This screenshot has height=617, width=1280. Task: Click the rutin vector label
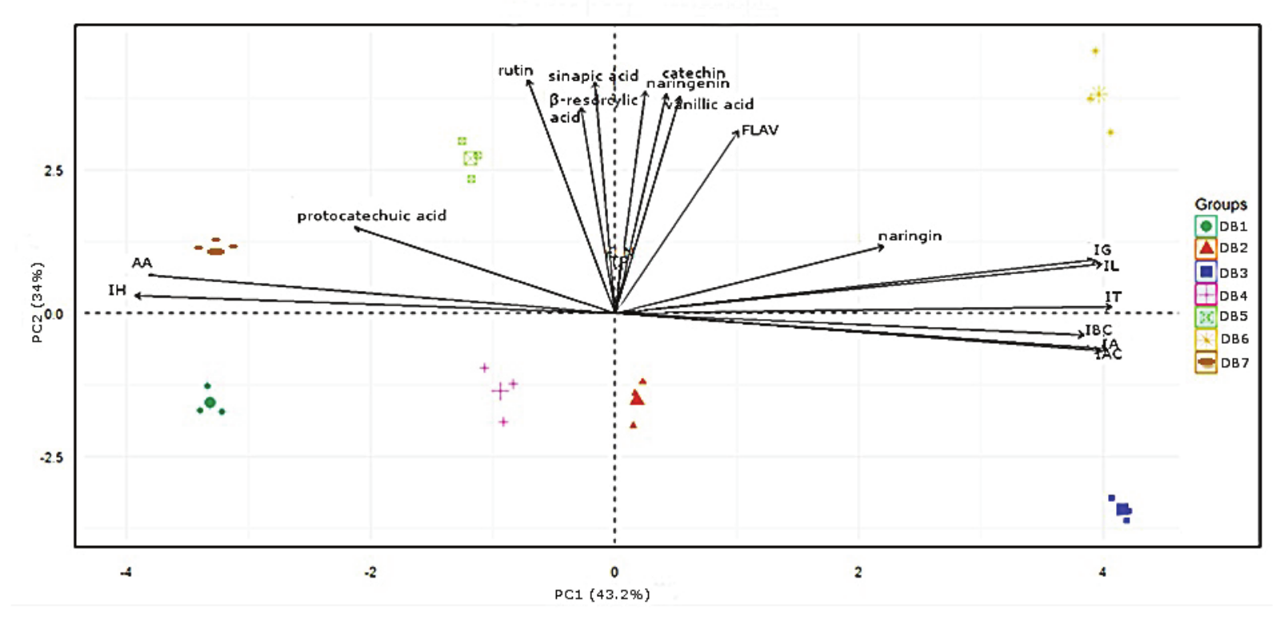pyautogui.click(x=515, y=71)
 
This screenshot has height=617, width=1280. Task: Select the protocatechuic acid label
pyautogui.click(x=371, y=216)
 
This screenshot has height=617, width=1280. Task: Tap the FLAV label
pyautogui.click(x=759, y=130)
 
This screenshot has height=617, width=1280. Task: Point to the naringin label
pyautogui.click(x=910, y=236)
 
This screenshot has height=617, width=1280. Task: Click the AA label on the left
pyautogui.click(x=142, y=263)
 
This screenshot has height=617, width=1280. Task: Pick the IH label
pyautogui.click(x=118, y=290)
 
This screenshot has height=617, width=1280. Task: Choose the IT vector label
pyautogui.click(x=1113, y=297)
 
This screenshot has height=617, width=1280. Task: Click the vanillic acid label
pyautogui.click(x=710, y=105)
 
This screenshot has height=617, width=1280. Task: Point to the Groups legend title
pyautogui.click(x=1220, y=205)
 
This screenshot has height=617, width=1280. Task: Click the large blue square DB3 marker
pyautogui.click(x=1123, y=509)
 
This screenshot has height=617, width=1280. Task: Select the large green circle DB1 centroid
pyautogui.click(x=210, y=403)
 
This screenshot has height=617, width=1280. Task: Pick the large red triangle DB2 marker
pyautogui.click(x=637, y=397)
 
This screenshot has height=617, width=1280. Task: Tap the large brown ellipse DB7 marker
pyautogui.click(x=216, y=252)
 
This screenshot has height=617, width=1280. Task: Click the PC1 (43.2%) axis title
pyautogui.click(x=602, y=595)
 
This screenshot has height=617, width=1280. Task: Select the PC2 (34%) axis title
pyautogui.click(x=38, y=303)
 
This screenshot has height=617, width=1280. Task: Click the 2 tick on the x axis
pyautogui.click(x=858, y=572)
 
